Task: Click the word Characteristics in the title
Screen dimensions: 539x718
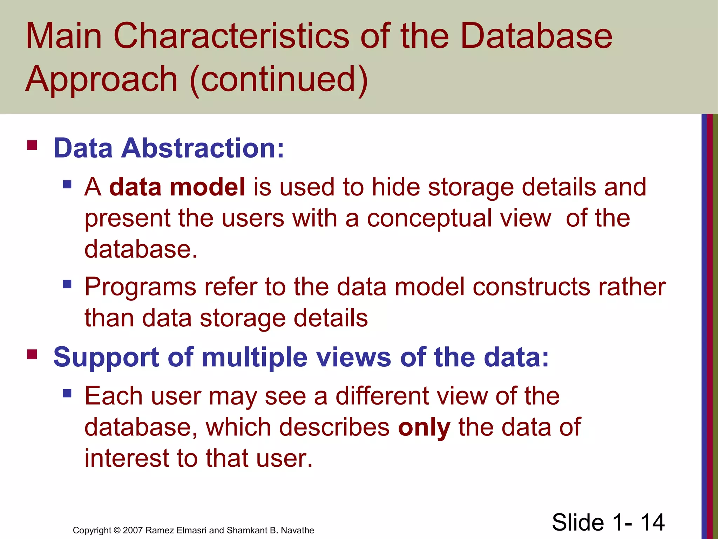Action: tap(231, 36)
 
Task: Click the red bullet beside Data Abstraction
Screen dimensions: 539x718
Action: tap(32, 145)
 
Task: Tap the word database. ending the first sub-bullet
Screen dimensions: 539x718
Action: tap(141, 249)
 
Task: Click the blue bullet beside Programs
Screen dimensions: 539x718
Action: tap(67, 284)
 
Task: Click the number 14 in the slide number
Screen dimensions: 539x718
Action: tap(652, 522)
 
